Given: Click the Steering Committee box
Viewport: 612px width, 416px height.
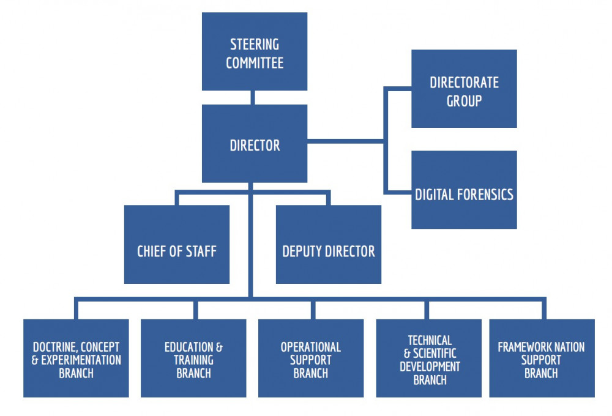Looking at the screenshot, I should click(255, 51).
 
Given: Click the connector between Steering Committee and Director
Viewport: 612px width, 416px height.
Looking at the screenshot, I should click(252, 97).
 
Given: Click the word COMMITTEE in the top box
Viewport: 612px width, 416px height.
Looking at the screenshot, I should click(255, 63).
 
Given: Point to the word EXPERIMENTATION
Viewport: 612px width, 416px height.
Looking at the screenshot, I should click(81, 360).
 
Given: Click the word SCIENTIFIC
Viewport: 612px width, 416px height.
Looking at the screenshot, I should click(434, 354).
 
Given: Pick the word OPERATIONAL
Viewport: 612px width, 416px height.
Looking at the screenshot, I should click(311, 347).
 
